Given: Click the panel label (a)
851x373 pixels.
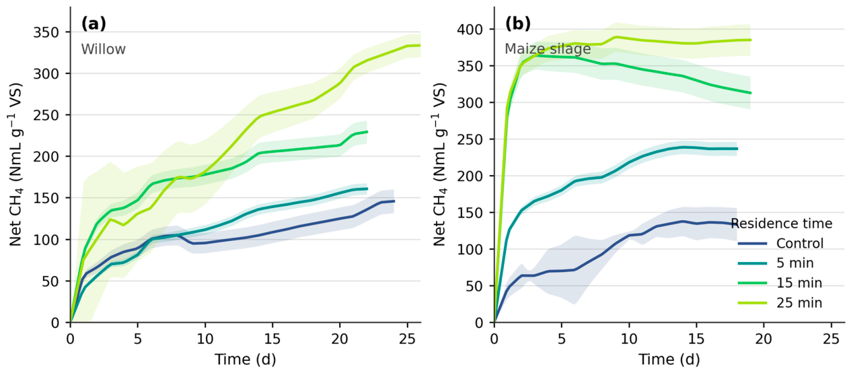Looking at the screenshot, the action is pos(94,24).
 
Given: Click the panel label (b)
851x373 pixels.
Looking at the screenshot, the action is pos(517,24).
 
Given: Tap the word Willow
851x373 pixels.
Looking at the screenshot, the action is pos(103,49).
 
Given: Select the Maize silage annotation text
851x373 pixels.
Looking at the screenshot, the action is pos(548,48).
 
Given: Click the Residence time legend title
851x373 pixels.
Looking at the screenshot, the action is pos(782,223).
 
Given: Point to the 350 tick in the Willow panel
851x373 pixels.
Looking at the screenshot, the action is pos(46,32).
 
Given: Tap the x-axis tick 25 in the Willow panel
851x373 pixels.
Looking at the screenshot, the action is pos(407,339).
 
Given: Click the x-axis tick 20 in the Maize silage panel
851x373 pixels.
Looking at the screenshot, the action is pos(764,339).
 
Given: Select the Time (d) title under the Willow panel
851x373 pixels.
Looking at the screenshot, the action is pos(246,360).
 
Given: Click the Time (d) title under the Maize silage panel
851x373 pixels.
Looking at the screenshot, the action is pos(669,360).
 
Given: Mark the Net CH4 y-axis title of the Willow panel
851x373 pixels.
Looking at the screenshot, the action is pos(16,165).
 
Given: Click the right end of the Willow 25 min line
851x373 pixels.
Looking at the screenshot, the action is pos(420,45).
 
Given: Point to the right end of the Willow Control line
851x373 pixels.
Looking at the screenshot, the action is pos(394,201).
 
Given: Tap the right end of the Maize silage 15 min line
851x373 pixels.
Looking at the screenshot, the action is pos(751,93).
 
